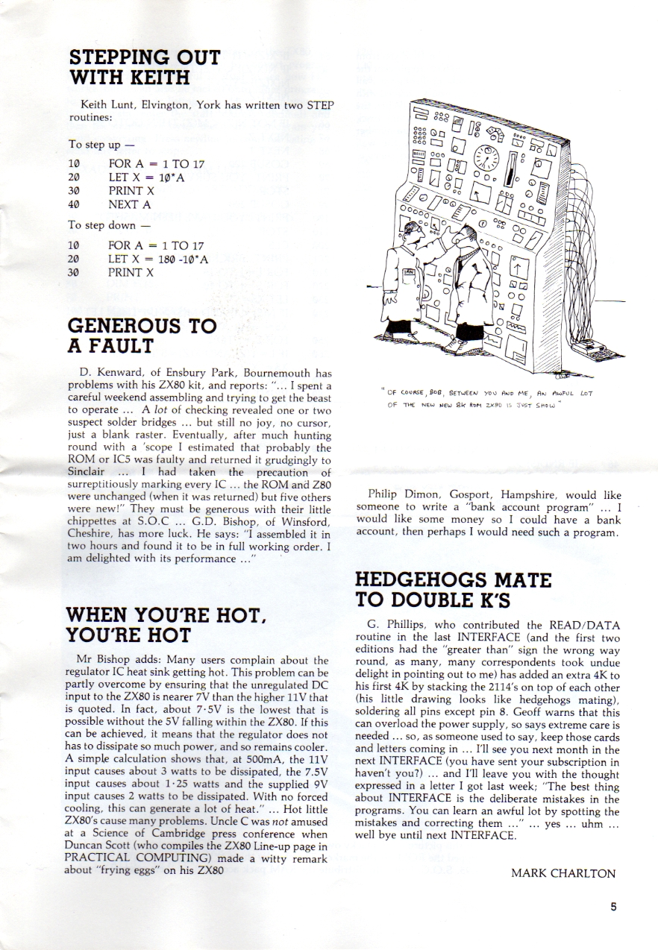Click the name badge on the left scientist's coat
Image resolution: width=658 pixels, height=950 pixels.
click(x=409, y=273)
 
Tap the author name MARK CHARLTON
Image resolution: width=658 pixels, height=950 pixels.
click(x=564, y=873)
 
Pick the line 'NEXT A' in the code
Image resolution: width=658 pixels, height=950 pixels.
click(x=131, y=204)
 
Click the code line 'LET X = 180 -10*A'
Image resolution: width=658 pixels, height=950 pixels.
click(x=157, y=259)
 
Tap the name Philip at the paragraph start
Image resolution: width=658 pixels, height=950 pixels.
click(x=386, y=494)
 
